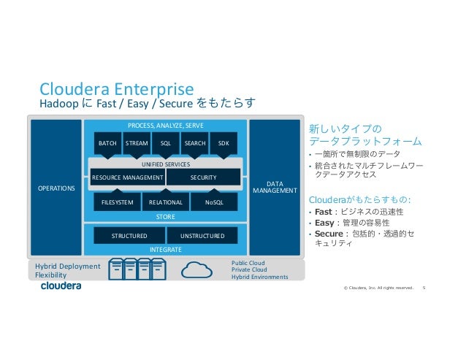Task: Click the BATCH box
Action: (108, 144)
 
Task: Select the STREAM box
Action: (137, 144)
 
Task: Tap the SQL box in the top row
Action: (166, 144)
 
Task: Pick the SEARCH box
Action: (195, 144)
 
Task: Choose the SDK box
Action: (224, 144)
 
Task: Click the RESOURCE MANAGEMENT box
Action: (128, 177)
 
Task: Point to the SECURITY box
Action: (203, 177)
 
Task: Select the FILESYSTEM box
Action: (117, 203)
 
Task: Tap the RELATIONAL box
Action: (165, 203)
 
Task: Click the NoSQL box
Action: (214, 203)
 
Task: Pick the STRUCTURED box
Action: (129, 236)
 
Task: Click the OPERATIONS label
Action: (56, 188)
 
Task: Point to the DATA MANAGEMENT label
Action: (274, 188)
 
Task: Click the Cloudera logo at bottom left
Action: (61, 286)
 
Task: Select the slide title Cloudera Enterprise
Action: (116, 89)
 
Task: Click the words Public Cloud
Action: (248, 262)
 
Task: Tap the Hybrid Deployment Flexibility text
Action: (67, 271)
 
